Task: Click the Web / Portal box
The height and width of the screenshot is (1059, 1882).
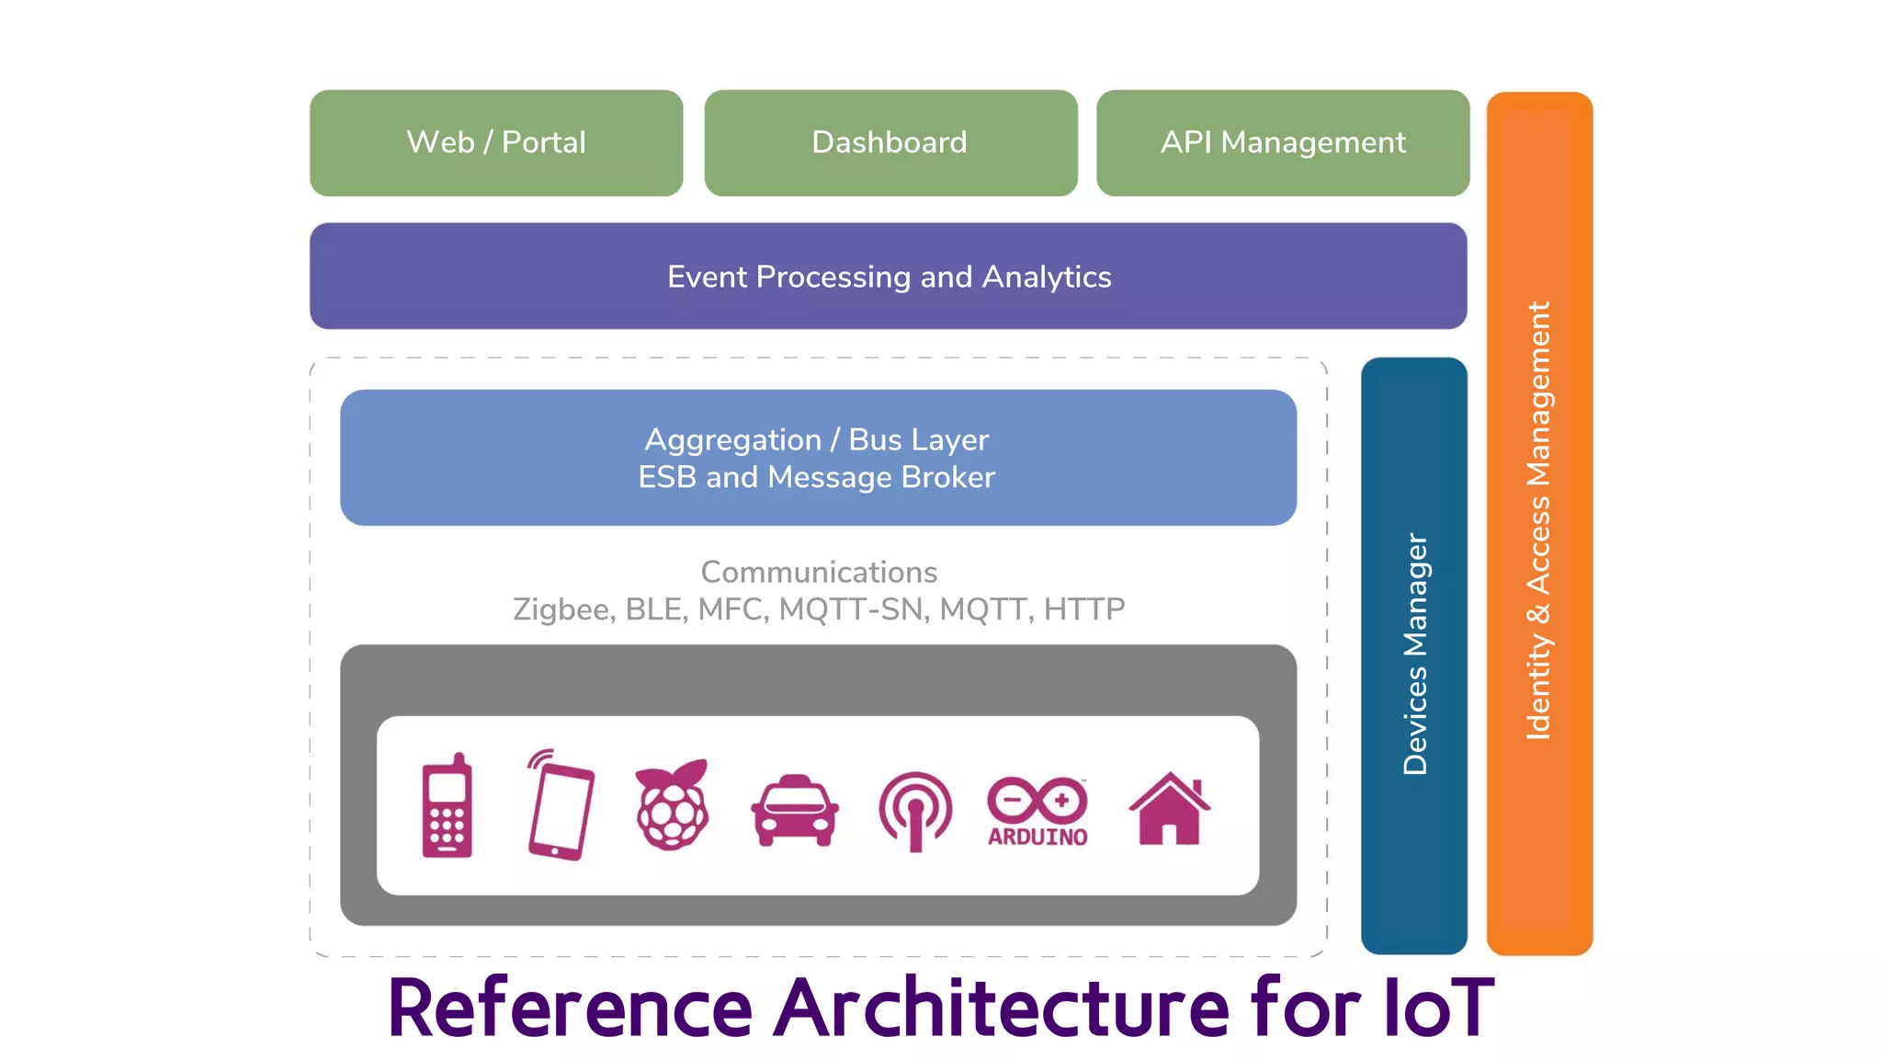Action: point(496,142)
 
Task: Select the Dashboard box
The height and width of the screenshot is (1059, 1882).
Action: point(890,142)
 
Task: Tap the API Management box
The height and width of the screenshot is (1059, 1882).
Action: point(1282,142)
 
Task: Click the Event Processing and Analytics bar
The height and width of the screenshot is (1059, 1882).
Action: point(888,276)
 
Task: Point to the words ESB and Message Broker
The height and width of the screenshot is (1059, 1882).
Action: point(816,477)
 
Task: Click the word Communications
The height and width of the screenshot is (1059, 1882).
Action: point(818,572)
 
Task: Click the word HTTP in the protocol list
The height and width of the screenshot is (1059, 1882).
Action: point(1084,609)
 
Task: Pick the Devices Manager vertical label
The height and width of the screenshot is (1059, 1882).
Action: point(1414,655)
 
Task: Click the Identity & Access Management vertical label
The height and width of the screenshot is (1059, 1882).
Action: point(1538,520)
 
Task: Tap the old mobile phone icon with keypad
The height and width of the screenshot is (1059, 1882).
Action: point(448,806)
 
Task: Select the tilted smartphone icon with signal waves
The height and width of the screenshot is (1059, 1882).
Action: point(560,806)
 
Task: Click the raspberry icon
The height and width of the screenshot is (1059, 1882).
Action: point(673,805)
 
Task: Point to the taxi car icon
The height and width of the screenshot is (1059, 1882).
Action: point(794,810)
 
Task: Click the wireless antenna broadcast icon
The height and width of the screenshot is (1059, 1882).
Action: point(915,810)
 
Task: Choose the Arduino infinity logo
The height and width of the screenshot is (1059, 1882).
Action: point(1037,800)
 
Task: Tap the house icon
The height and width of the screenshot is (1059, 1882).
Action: point(1169,808)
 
